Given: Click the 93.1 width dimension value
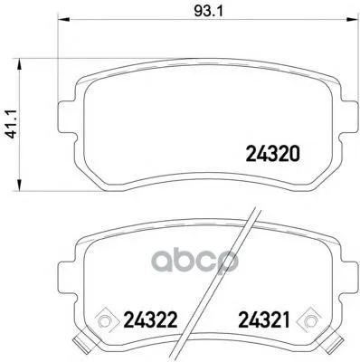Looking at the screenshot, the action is pos(207,12).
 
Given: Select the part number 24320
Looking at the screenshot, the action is pos(273,154).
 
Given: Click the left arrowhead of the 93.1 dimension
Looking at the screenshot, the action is pos(63,20).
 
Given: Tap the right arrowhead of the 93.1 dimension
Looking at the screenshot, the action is pos(352,20).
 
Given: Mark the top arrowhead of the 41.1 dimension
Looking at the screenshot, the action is pos(19,64).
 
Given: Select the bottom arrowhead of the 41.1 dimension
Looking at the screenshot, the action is pos(19,185).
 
